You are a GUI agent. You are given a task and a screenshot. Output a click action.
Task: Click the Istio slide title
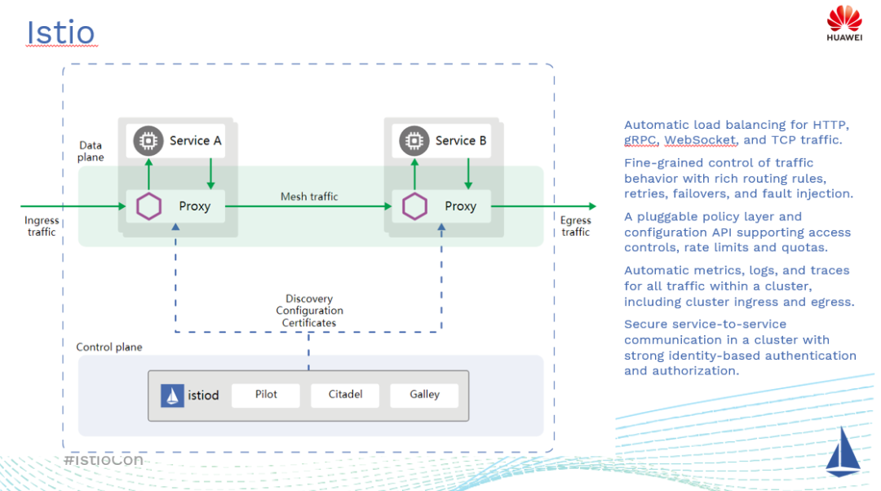(x=60, y=33)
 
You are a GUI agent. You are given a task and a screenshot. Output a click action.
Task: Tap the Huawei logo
(x=844, y=23)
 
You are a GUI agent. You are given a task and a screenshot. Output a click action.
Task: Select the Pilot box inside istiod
(x=266, y=395)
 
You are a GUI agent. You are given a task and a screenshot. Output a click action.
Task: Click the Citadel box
(x=345, y=395)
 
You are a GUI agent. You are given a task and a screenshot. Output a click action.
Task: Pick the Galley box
(x=424, y=395)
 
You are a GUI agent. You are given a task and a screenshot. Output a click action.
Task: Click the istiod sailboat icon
(x=172, y=396)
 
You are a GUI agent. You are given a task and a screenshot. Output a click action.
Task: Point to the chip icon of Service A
(x=148, y=141)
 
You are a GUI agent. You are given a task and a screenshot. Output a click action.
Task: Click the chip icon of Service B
(x=414, y=141)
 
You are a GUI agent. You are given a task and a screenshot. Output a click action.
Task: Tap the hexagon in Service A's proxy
(x=149, y=206)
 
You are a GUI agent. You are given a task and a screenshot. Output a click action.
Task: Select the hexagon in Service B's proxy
(x=415, y=206)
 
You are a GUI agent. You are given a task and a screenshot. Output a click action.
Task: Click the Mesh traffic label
(x=309, y=197)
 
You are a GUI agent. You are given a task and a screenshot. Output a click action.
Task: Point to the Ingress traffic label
(x=42, y=226)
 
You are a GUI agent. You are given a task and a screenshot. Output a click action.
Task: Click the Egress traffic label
(x=575, y=226)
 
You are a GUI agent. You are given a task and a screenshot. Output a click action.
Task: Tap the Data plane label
(x=91, y=151)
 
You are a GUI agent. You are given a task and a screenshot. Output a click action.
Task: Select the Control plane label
(x=109, y=347)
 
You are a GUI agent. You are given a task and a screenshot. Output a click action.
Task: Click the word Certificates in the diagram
(x=309, y=323)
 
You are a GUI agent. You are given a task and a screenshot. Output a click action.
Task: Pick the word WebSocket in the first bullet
(x=702, y=140)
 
